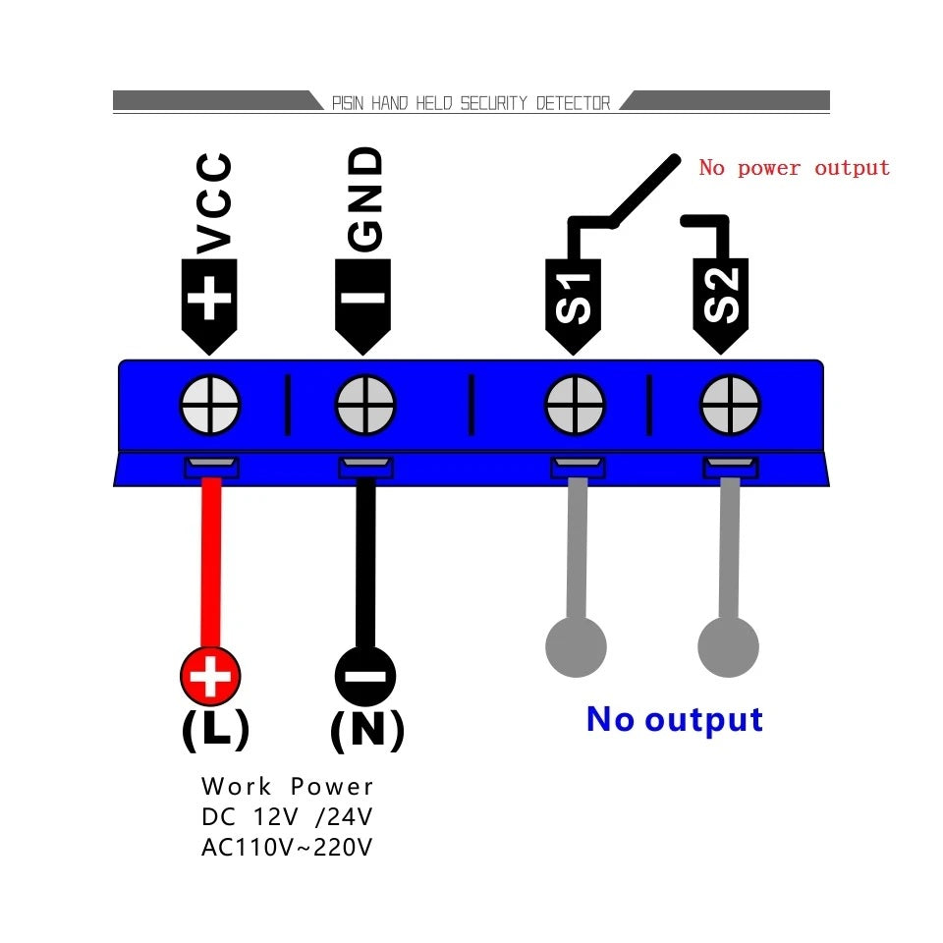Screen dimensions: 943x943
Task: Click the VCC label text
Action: coord(214,203)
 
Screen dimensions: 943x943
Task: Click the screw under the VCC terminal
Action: coord(210,405)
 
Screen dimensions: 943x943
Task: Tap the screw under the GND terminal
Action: coord(365,405)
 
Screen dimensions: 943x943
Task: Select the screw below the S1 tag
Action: coord(576,405)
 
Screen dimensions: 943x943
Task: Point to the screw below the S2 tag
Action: coord(730,405)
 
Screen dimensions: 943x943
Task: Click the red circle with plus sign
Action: coord(210,676)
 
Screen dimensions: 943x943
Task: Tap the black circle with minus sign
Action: coord(365,676)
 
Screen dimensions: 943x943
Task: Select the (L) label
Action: coord(216,729)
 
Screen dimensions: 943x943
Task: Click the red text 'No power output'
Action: coord(794,168)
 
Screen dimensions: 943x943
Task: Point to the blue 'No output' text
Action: coord(675,720)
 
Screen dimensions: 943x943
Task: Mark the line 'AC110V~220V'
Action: coord(287,848)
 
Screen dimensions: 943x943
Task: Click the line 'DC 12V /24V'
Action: coord(287,817)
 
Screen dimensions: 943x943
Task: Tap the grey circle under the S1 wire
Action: coord(576,647)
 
